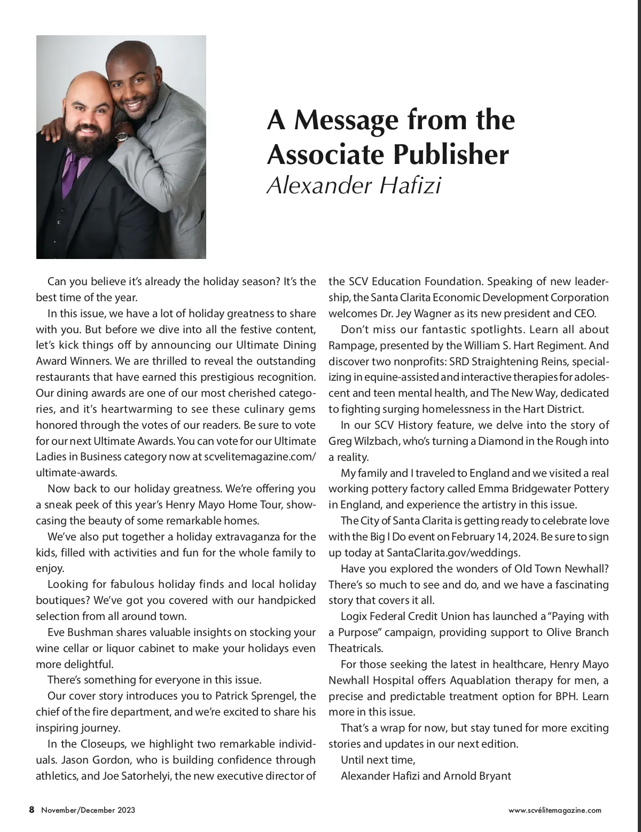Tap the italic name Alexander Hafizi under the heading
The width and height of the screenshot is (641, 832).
coord(354,185)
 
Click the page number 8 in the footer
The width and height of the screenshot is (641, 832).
coord(32,810)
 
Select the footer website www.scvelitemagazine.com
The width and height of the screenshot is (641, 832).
coord(554,810)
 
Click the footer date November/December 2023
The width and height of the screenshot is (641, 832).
coord(88,810)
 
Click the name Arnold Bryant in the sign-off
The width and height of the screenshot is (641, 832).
coord(477,775)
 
